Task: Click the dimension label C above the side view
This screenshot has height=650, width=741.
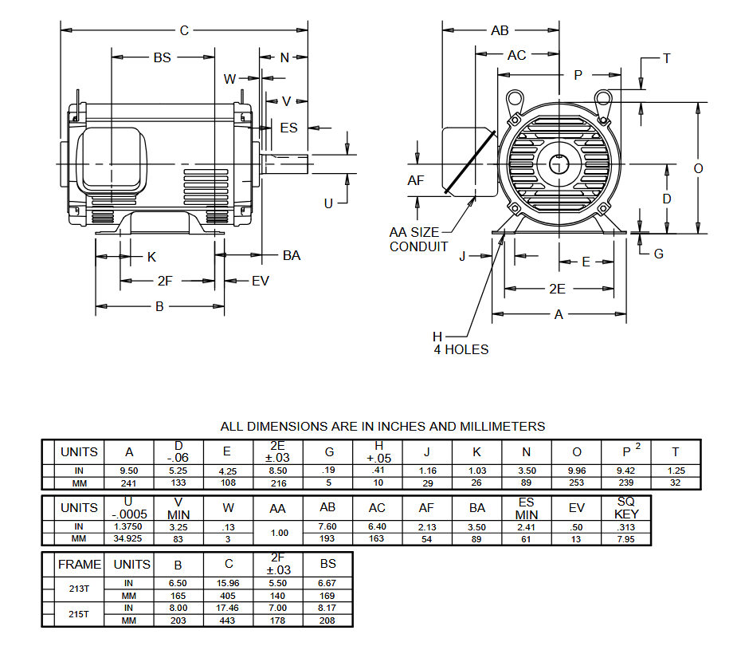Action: pos(184,30)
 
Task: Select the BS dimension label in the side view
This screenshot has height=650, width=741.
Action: pos(162,57)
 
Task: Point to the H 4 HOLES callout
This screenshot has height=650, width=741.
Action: pos(461,343)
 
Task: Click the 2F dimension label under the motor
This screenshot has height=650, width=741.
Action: pos(165,281)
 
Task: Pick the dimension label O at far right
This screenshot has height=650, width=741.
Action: pos(698,168)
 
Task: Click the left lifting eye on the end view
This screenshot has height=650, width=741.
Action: pos(514,99)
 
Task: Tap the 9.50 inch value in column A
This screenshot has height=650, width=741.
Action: pos(129,471)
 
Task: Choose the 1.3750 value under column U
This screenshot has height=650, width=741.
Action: pos(129,527)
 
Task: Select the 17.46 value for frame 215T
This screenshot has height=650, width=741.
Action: pos(228,609)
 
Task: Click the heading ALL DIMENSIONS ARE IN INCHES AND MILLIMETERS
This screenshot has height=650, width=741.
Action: pos(382,427)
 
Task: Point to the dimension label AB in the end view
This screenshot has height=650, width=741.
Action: pos(500,30)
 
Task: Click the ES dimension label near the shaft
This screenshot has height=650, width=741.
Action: pos(288,128)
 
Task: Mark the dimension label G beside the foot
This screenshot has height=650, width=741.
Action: pos(658,254)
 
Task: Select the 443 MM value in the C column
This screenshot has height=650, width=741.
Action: pos(228,620)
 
